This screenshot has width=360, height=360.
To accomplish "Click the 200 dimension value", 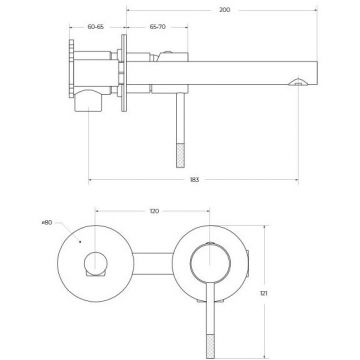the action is click(224, 10).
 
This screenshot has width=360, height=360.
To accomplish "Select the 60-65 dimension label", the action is click(96, 27).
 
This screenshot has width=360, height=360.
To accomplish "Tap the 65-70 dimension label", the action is click(157, 27).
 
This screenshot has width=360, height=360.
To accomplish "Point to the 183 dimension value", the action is click(194, 180).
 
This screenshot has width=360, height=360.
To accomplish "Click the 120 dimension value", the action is click(154, 211).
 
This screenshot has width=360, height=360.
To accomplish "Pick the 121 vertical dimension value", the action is click(264, 293).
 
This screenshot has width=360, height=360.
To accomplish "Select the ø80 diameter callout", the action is click(47, 222).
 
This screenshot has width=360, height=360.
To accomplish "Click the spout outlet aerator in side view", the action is click(298, 82).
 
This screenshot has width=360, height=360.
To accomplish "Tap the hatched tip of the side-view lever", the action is click(180, 155).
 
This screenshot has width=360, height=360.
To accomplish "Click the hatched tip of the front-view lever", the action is click(210, 346).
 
